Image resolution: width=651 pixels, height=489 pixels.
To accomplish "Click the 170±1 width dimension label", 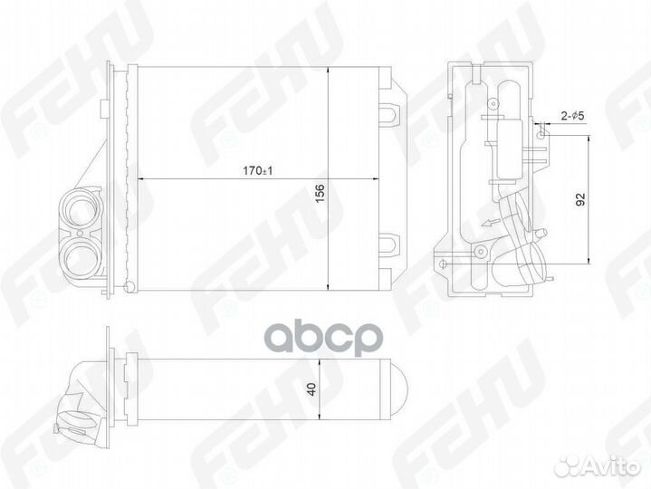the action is [257, 170].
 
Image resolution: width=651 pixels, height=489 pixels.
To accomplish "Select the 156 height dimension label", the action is [320, 194].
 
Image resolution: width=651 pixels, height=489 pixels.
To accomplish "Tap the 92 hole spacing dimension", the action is [580, 199].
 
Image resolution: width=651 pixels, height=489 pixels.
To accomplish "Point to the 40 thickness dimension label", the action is [311, 389].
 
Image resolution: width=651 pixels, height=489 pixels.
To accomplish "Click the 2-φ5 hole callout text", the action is [572, 116].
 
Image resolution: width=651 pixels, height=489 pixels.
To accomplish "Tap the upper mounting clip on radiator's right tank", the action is [389, 111].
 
